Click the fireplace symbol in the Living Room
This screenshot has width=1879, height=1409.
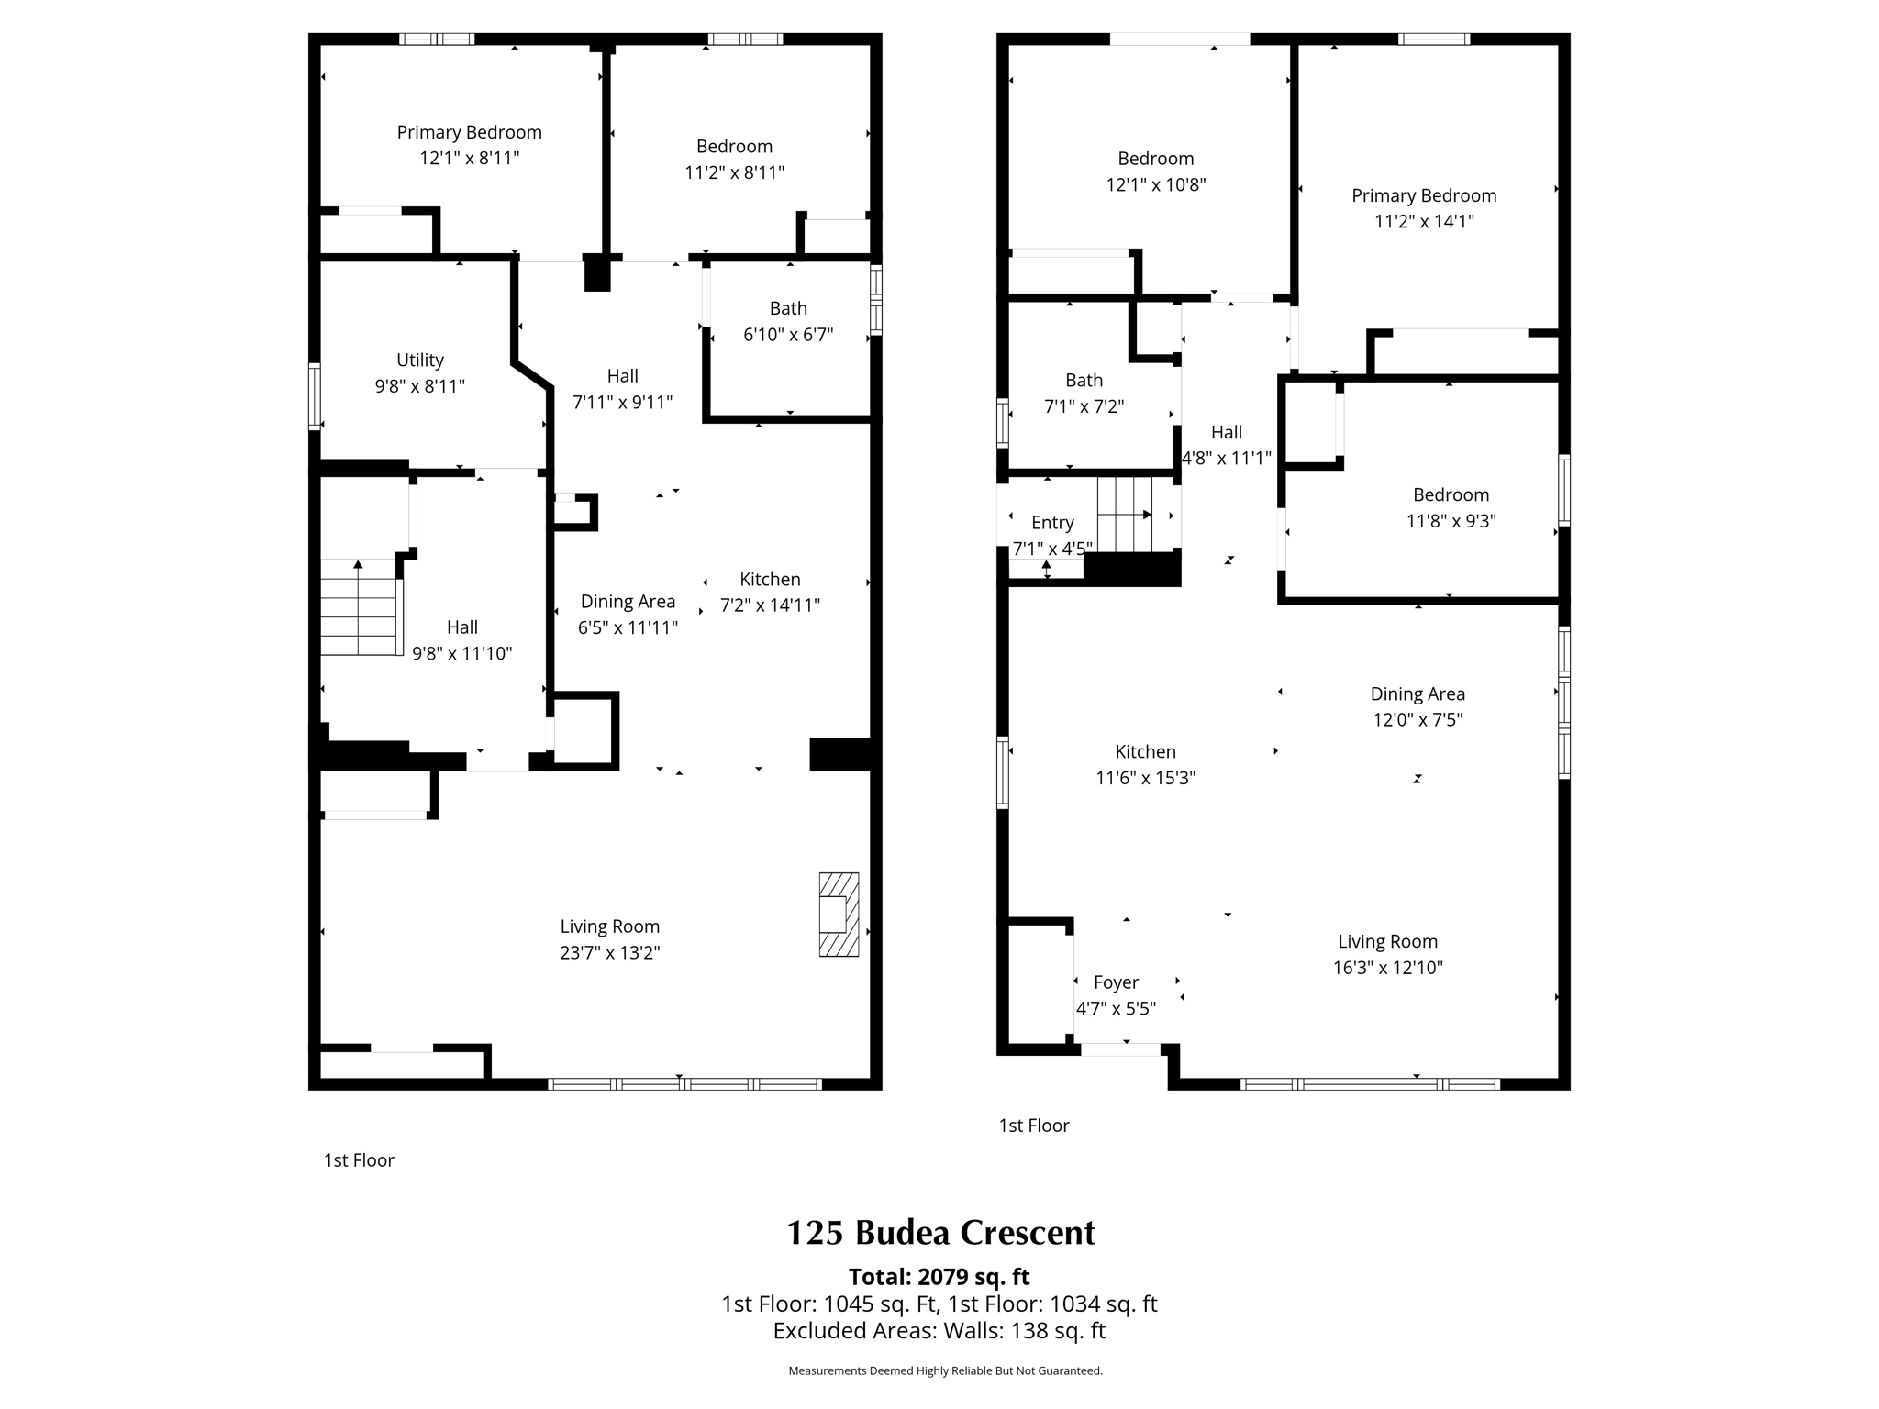click(x=839, y=915)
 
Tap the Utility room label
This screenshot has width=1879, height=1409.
click(x=420, y=361)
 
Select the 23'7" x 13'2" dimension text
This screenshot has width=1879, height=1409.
click(x=610, y=953)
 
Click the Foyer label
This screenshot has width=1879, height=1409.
click(x=1116, y=982)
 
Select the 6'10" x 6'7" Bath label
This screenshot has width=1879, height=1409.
click(x=788, y=321)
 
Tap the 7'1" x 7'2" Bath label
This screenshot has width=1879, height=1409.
click(x=1084, y=393)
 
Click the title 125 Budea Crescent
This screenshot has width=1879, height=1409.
click(x=940, y=1233)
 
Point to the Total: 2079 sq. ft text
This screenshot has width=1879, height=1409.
click(x=939, y=1277)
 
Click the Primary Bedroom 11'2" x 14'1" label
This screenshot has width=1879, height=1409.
click(x=1424, y=208)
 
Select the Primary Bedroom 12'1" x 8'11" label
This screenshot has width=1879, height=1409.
click(x=469, y=145)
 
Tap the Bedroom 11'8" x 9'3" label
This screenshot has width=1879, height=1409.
click(x=1451, y=507)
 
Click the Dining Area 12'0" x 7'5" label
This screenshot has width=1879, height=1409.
click(x=1418, y=706)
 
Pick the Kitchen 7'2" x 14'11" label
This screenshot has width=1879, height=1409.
click(x=770, y=592)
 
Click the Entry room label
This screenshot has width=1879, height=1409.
click(x=1052, y=523)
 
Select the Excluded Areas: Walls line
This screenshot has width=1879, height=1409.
click(x=939, y=1331)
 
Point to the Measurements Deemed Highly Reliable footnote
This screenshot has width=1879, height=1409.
click(x=945, y=1370)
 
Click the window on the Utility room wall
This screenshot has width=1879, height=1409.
click(x=315, y=396)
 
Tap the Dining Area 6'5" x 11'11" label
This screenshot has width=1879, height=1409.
click(x=628, y=614)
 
